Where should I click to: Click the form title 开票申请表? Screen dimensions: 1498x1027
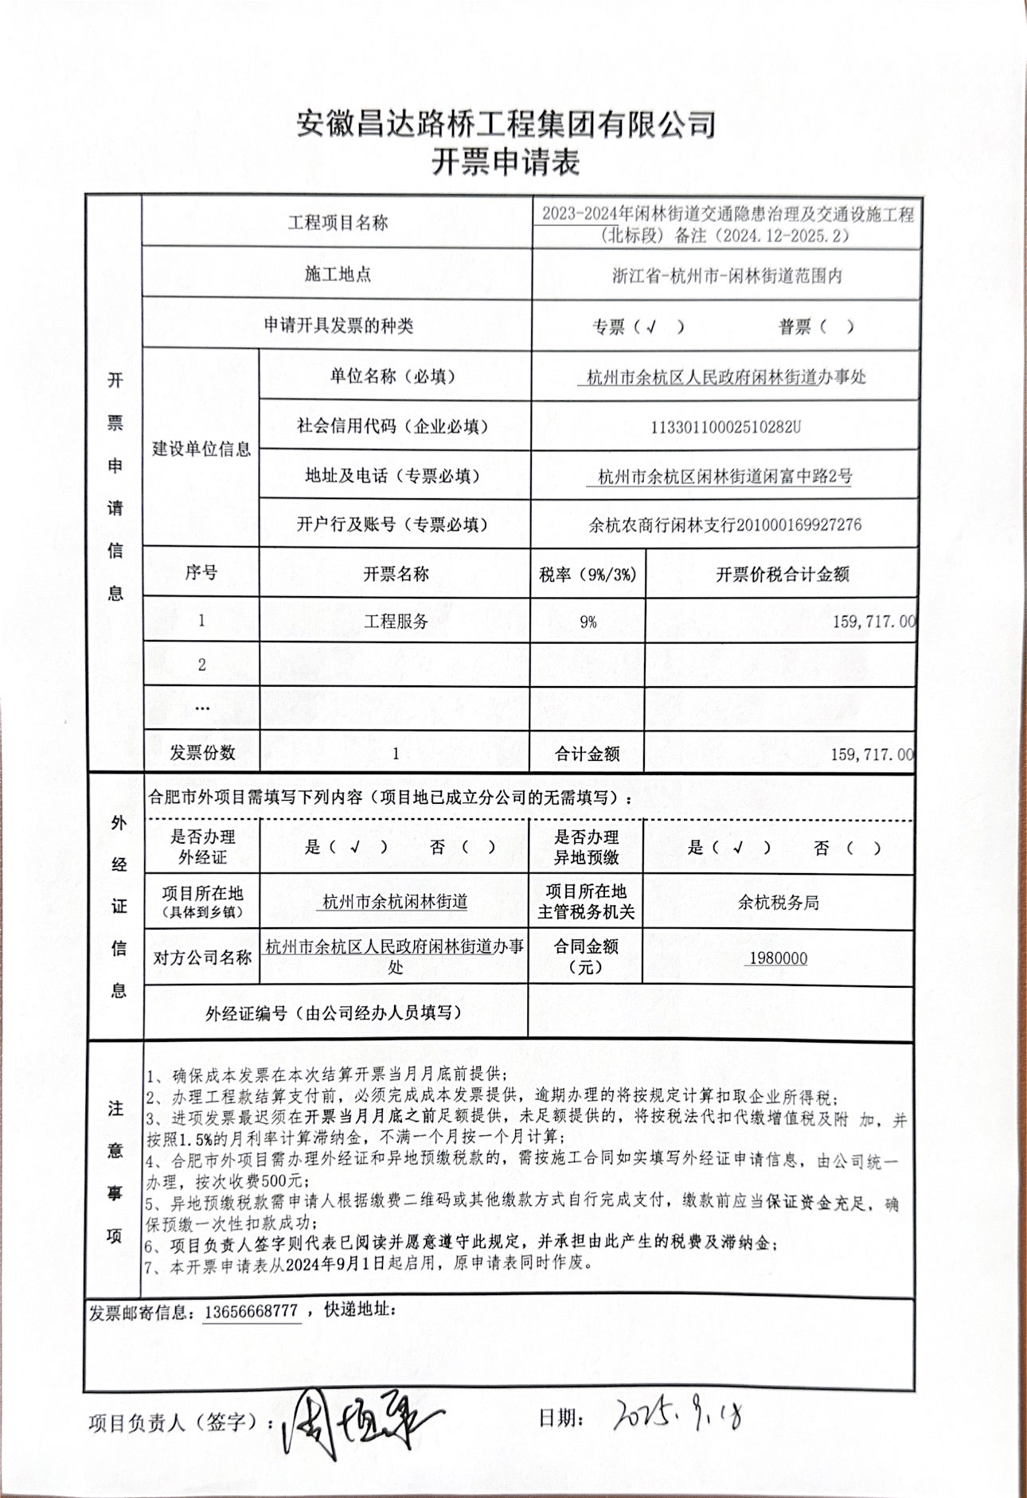[506, 162]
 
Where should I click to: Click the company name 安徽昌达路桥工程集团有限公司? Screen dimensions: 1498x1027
[506, 123]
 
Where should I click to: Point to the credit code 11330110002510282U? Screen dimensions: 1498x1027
[725, 427]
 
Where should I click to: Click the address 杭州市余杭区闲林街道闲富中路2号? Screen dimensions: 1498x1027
[724, 476]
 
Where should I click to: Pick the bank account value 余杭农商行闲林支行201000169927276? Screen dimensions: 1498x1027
[724, 525]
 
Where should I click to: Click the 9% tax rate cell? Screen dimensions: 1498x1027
[588, 622]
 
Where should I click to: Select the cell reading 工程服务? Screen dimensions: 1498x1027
[396, 622]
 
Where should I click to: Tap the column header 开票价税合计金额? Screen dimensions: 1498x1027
[782, 574]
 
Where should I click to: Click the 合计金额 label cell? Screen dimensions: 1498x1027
[587, 754]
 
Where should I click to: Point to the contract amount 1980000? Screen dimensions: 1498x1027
[778, 958]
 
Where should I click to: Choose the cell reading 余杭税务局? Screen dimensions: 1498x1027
[778, 903]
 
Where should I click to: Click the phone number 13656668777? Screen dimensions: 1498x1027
[251, 1311]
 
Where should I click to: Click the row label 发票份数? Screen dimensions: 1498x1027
[202, 752]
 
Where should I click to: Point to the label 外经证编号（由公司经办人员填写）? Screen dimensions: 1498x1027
[334, 1012]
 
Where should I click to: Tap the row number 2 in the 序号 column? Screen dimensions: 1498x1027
[201, 665]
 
